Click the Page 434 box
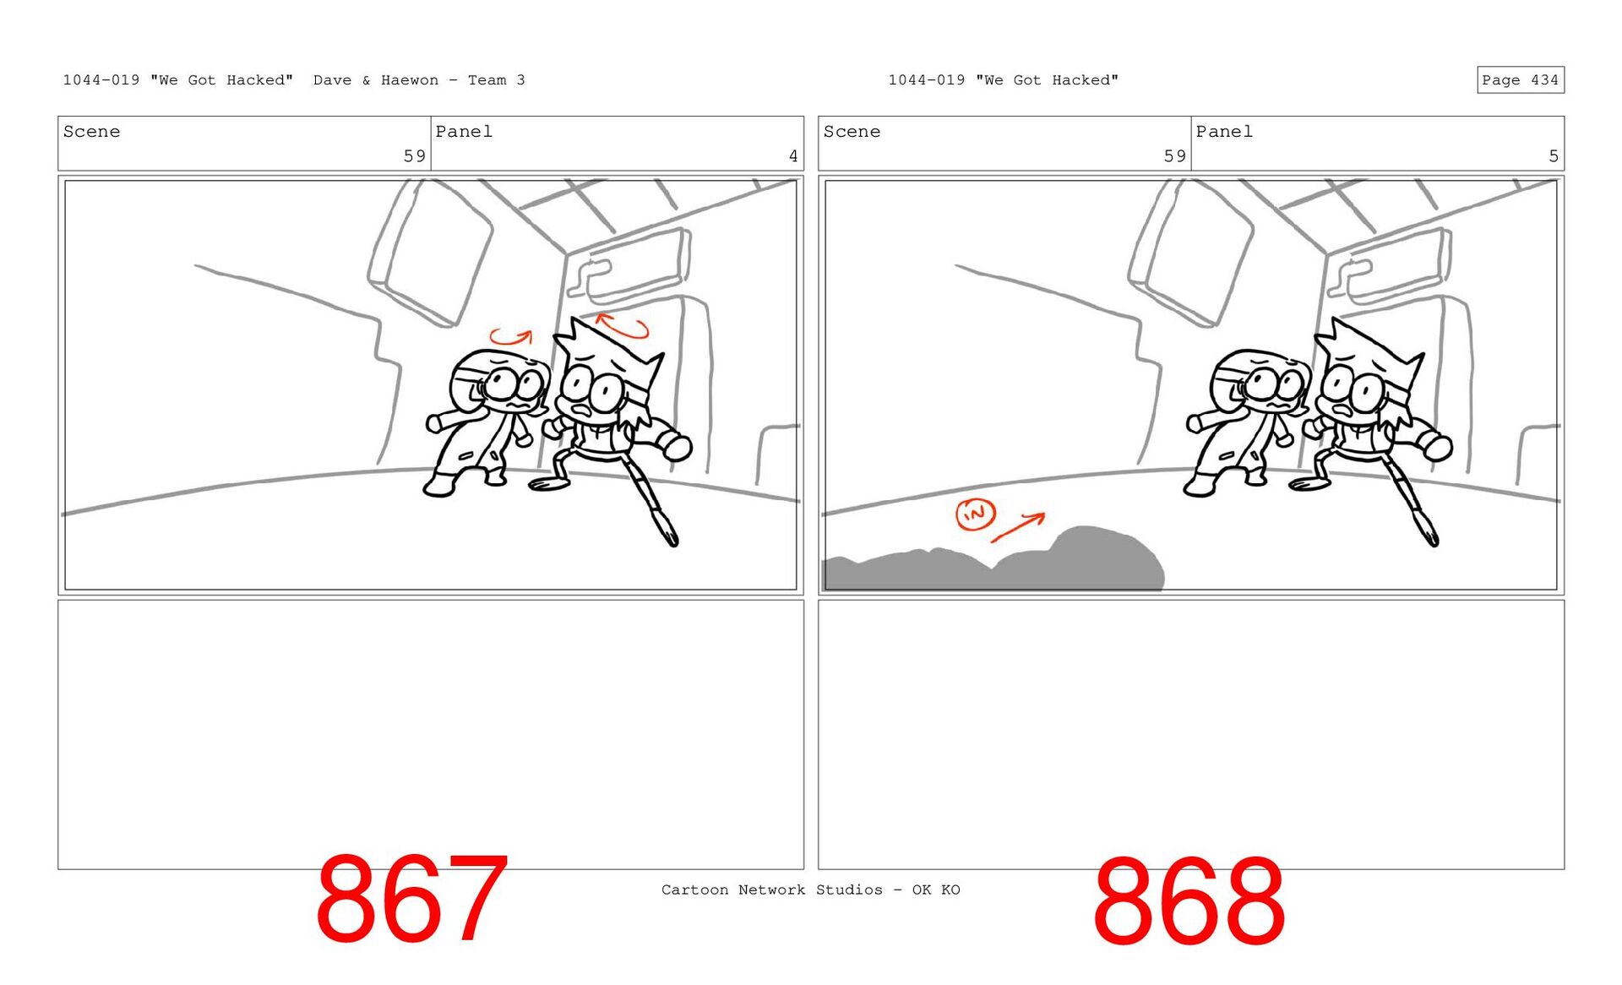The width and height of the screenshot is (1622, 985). [1520, 79]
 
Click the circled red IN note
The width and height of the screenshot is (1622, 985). [975, 513]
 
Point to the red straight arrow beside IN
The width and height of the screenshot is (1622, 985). [1018, 526]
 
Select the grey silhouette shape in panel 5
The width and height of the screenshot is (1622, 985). [997, 562]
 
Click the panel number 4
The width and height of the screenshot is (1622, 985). [793, 156]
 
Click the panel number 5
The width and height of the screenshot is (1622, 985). [1554, 156]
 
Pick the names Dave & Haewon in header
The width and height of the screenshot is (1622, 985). [376, 80]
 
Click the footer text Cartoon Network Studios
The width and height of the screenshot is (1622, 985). [771, 890]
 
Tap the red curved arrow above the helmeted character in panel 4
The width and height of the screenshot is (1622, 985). [511, 337]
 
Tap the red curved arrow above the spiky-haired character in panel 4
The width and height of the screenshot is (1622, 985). [622, 326]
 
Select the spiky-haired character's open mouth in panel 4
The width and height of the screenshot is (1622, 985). [583, 411]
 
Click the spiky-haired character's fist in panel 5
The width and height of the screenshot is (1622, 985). [1439, 445]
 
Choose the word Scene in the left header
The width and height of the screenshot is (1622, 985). [91, 132]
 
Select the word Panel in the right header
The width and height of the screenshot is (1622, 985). [1224, 132]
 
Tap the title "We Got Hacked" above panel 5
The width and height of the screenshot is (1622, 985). [1047, 80]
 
